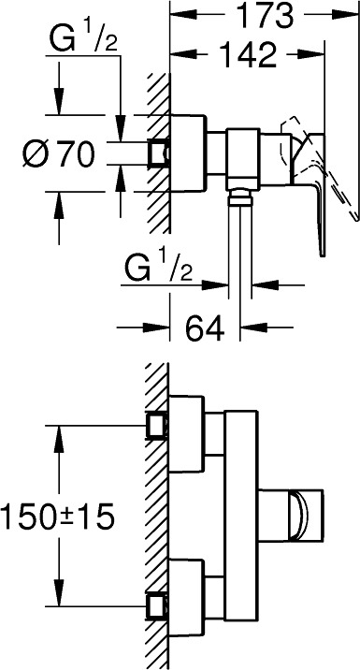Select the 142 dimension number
(x=248, y=54)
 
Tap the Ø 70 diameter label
(x=58, y=153)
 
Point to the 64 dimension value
(x=205, y=328)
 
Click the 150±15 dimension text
(x=57, y=516)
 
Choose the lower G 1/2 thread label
(x=157, y=269)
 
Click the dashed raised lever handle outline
(x=318, y=167)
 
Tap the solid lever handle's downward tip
(x=323, y=255)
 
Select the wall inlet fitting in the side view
(x=158, y=153)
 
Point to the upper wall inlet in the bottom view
(x=157, y=426)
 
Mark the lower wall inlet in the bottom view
(x=157, y=605)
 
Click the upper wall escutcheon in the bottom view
(x=187, y=433)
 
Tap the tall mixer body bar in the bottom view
(x=241, y=516)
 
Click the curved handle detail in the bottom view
(x=298, y=516)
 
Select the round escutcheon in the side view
(x=187, y=153)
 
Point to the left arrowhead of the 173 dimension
(x=182, y=16)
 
